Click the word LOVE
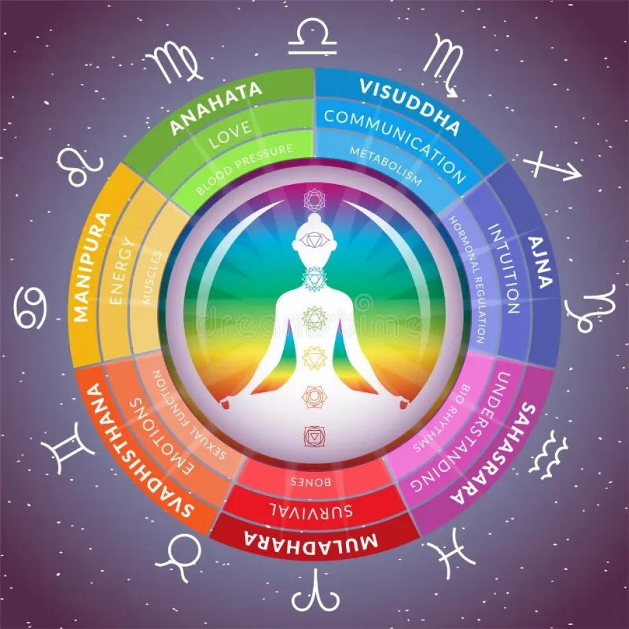[x=231, y=134]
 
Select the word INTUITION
[x=503, y=268]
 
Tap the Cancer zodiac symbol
[x=31, y=307]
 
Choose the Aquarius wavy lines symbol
[x=548, y=454]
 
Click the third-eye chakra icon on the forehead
[x=314, y=241]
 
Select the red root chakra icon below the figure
[x=315, y=436]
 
